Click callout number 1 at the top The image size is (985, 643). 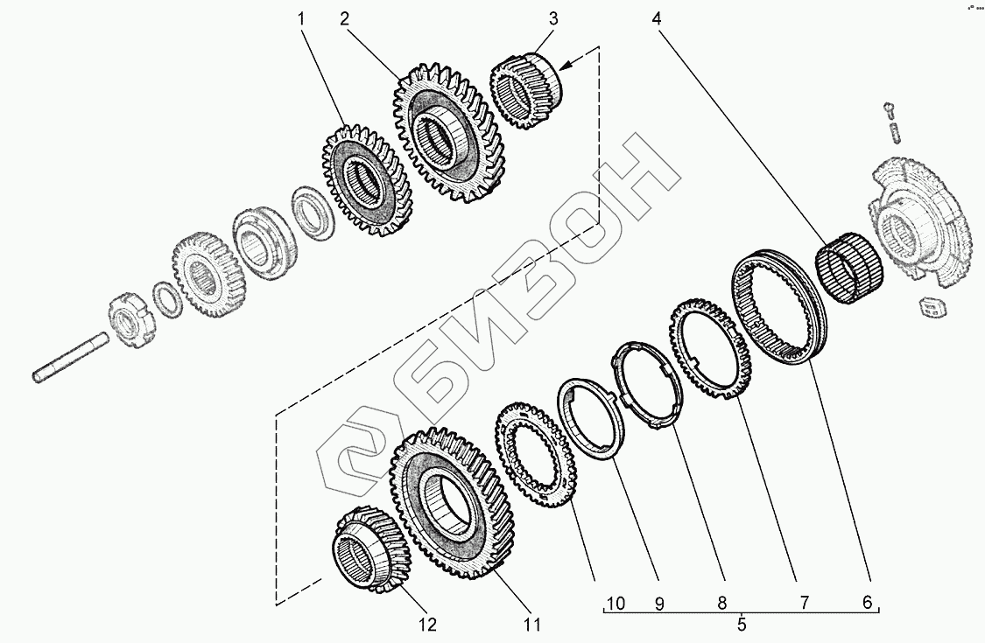[x=301, y=19]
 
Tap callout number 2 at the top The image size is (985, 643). [x=344, y=19]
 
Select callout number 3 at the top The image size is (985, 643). [x=552, y=19]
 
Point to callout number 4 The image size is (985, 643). [x=657, y=19]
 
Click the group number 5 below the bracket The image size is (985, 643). [x=742, y=625]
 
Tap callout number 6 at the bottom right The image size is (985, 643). [x=868, y=603]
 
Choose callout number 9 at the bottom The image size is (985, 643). [x=659, y=604]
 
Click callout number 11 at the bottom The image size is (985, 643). [x=532, y=625]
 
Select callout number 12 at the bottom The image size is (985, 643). [x=427, y=625]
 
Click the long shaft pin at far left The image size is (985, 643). [x=70, y=357]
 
